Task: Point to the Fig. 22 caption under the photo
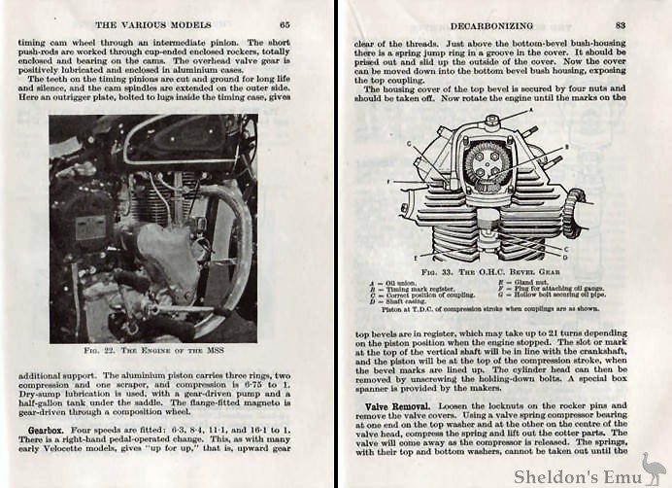[153, 349]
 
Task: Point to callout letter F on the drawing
[389, 181]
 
